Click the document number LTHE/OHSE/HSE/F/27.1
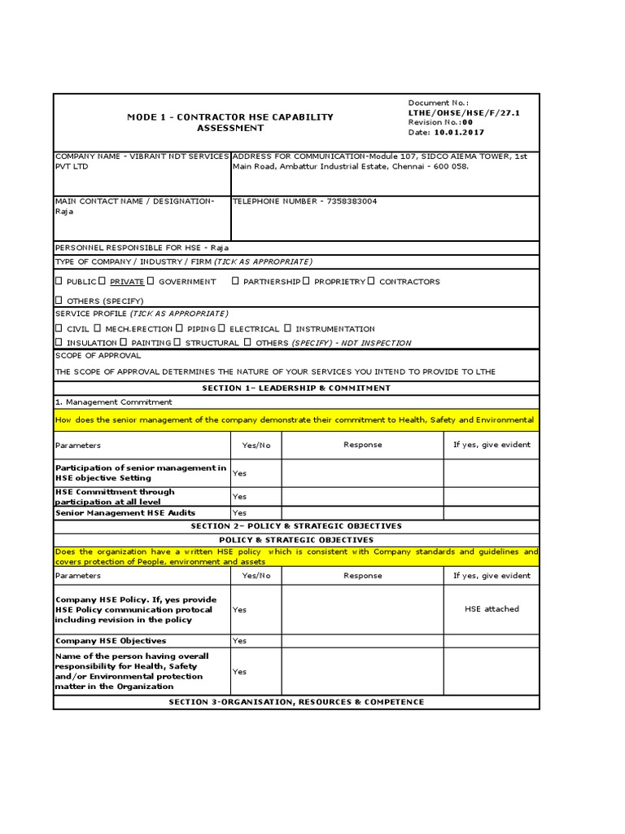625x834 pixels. click(463, 113)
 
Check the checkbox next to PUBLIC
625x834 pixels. click(59, 281)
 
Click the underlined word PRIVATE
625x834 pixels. click(127, 282)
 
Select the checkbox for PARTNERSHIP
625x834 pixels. click(235, 281)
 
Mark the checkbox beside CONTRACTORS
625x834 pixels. click(371, 281)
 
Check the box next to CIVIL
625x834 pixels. click(59, 328)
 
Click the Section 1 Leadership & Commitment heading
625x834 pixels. click(296, 388)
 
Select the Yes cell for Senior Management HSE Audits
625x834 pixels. click(239, 513)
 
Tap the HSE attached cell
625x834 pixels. click(491, 608)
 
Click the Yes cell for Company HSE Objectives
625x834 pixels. click(239, 641)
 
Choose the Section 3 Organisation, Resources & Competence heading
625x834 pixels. click(296, 701)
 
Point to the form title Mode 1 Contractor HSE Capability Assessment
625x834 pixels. click(230, 122)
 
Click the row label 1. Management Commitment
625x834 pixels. click(113, 402)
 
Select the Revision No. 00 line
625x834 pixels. click(440, 122)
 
